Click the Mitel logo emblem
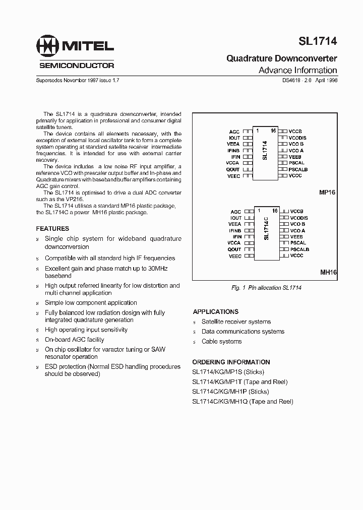pos(47,46)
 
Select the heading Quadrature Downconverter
pos(281,59)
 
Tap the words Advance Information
pos(297,71)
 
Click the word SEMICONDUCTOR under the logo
pos(77,65)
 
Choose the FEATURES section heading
pos(52,228)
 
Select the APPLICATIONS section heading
pos(215,311)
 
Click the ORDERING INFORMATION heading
pos(231,362)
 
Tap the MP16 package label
pos(327,193)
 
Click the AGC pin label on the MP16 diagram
pos(234,132)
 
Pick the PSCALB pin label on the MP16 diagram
pos(298,169)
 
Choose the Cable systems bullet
pos(221,341)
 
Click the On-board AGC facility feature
pos(74,340)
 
